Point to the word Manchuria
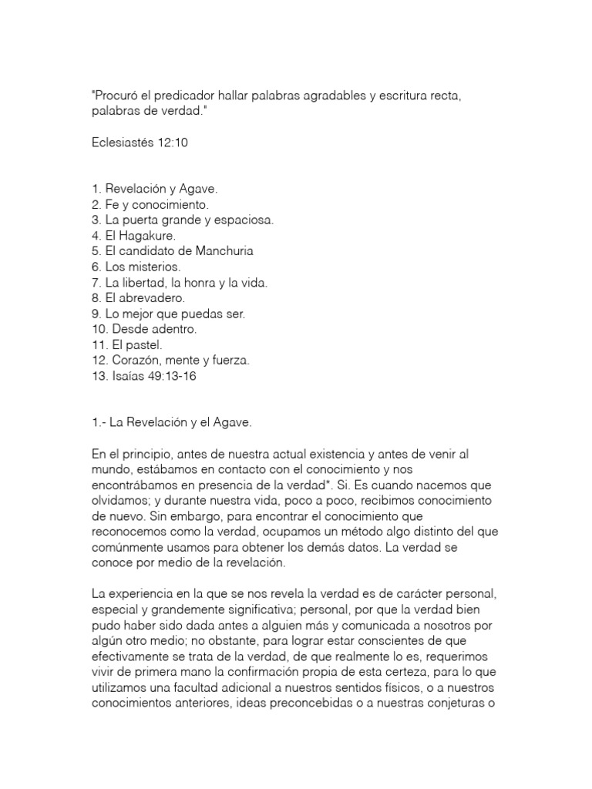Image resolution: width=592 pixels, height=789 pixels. [218, 251]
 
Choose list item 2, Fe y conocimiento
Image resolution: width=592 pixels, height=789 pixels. [150, 205]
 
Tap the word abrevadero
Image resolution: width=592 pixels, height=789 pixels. [155, 297]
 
